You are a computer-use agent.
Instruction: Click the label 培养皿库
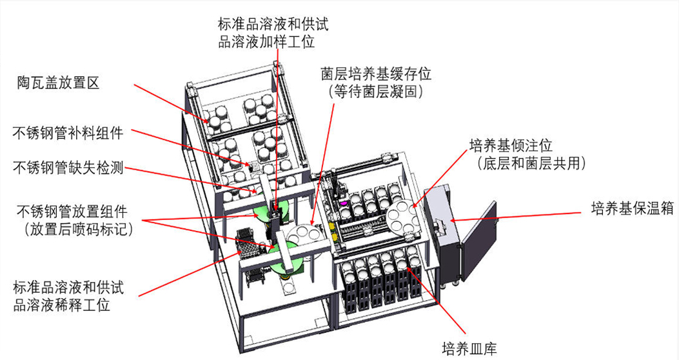pyautogui.click(x=469, y=349)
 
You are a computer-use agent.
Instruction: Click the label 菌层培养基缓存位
pyautogui.click(x=377, y=74)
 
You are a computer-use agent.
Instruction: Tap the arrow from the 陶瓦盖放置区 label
pyautogui.click(x=171, y=102)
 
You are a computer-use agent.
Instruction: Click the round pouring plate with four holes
pyautogui.click(x=403, y=217)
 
